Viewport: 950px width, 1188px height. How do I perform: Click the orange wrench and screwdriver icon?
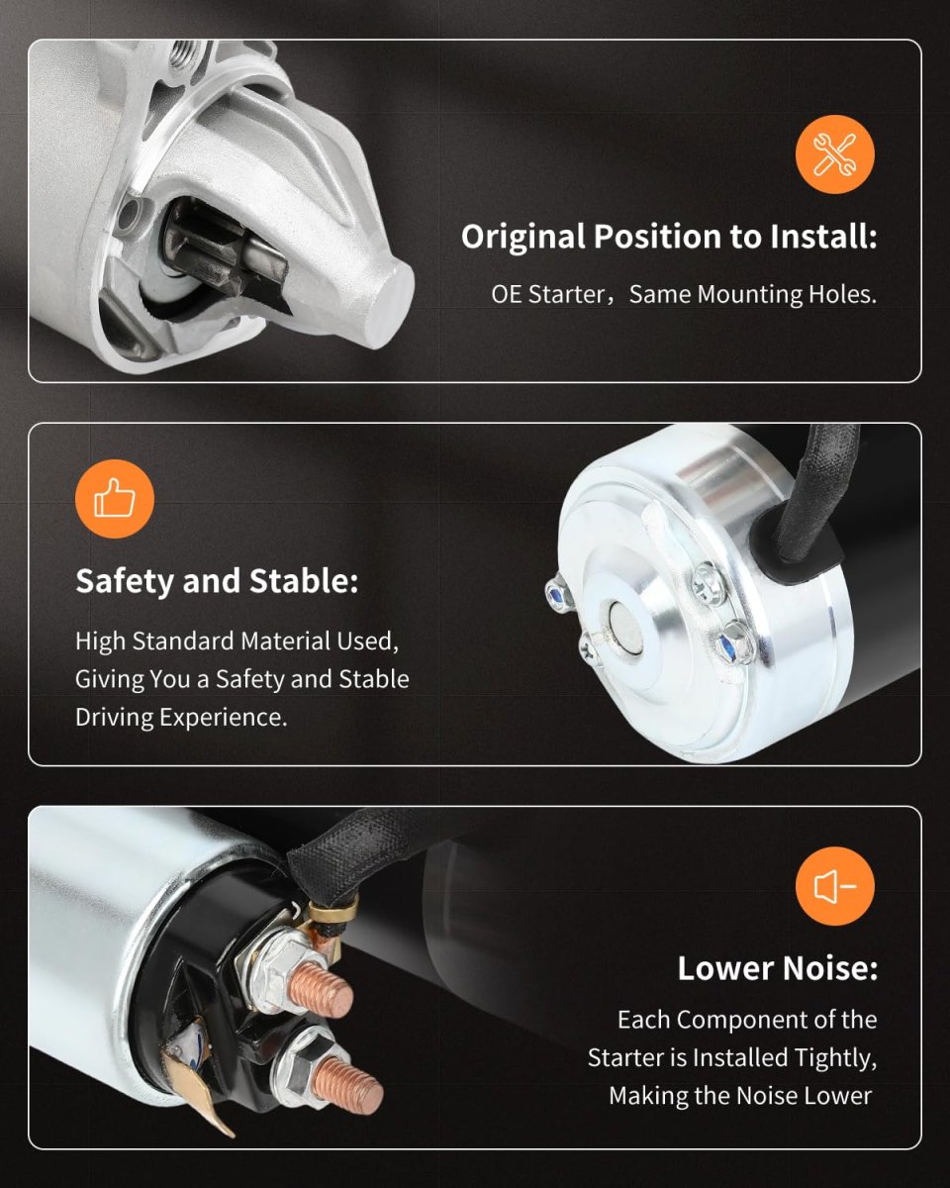pos(834,154)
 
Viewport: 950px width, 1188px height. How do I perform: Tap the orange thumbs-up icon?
pos(115,499)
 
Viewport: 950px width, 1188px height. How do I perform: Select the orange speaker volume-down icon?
pos(834,886)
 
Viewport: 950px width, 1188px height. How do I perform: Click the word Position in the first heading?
pos(657,237)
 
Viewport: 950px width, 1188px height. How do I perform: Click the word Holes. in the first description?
pos(842,294)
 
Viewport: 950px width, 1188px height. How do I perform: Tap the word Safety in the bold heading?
pos(125,582)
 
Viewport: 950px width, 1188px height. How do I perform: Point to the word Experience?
pos(224,718)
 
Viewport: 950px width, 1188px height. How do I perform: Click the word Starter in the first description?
pos(567,294)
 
